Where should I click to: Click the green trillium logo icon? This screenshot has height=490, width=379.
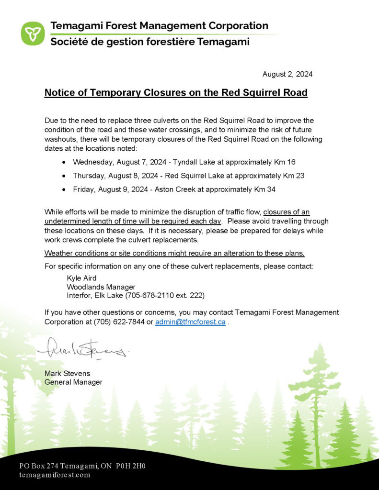[33, 33]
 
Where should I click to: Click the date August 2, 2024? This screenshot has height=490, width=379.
[287, 74]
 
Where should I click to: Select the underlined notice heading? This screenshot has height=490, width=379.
[176, 93]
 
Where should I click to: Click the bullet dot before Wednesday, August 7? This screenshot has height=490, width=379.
[64, 162]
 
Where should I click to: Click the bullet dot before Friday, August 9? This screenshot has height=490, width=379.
[64, 190]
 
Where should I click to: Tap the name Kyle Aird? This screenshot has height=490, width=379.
[81, 278]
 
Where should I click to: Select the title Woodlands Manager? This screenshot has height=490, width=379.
[95, 287]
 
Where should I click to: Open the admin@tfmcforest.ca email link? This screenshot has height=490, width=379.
[190, 322]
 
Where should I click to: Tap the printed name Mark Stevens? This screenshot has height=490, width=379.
[67, 373]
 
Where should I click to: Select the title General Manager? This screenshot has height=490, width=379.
[73, 382]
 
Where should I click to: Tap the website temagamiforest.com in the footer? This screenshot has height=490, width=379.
[55, 475]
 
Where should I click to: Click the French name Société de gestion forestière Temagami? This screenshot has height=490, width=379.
[150, 42]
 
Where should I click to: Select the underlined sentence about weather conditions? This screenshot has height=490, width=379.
[174, 253]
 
